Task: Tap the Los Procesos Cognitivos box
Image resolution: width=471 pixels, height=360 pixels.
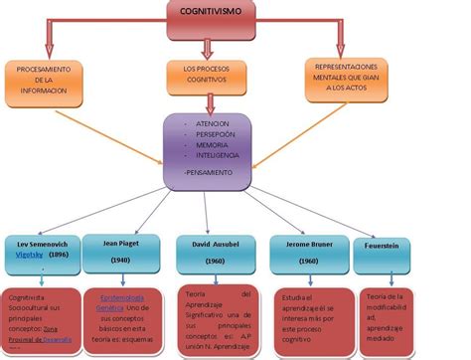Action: (207, 78)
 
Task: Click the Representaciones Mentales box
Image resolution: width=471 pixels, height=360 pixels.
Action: (349, 78)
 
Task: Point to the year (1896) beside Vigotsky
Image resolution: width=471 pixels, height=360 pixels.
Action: (60, 255)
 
